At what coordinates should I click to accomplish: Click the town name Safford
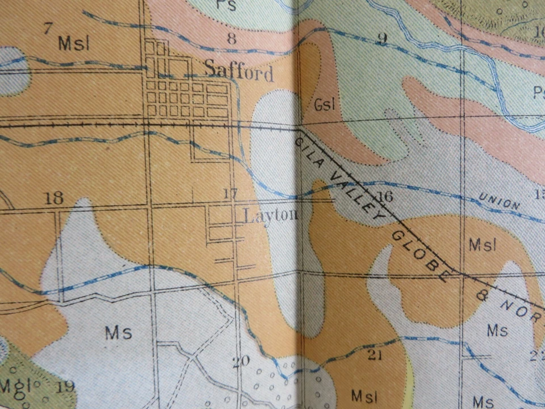[x=238, y=71]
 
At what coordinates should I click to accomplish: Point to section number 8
[x=231, y=39]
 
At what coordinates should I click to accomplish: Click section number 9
[x=382, y=39]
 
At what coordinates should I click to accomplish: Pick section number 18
[x=54, y=198]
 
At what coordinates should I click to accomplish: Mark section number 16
[x=384, y=197]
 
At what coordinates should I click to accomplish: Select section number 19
[x=65, y=387]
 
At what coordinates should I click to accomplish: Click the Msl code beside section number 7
[x=74, y=43]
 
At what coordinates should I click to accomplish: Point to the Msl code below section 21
[x=364, y=394]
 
